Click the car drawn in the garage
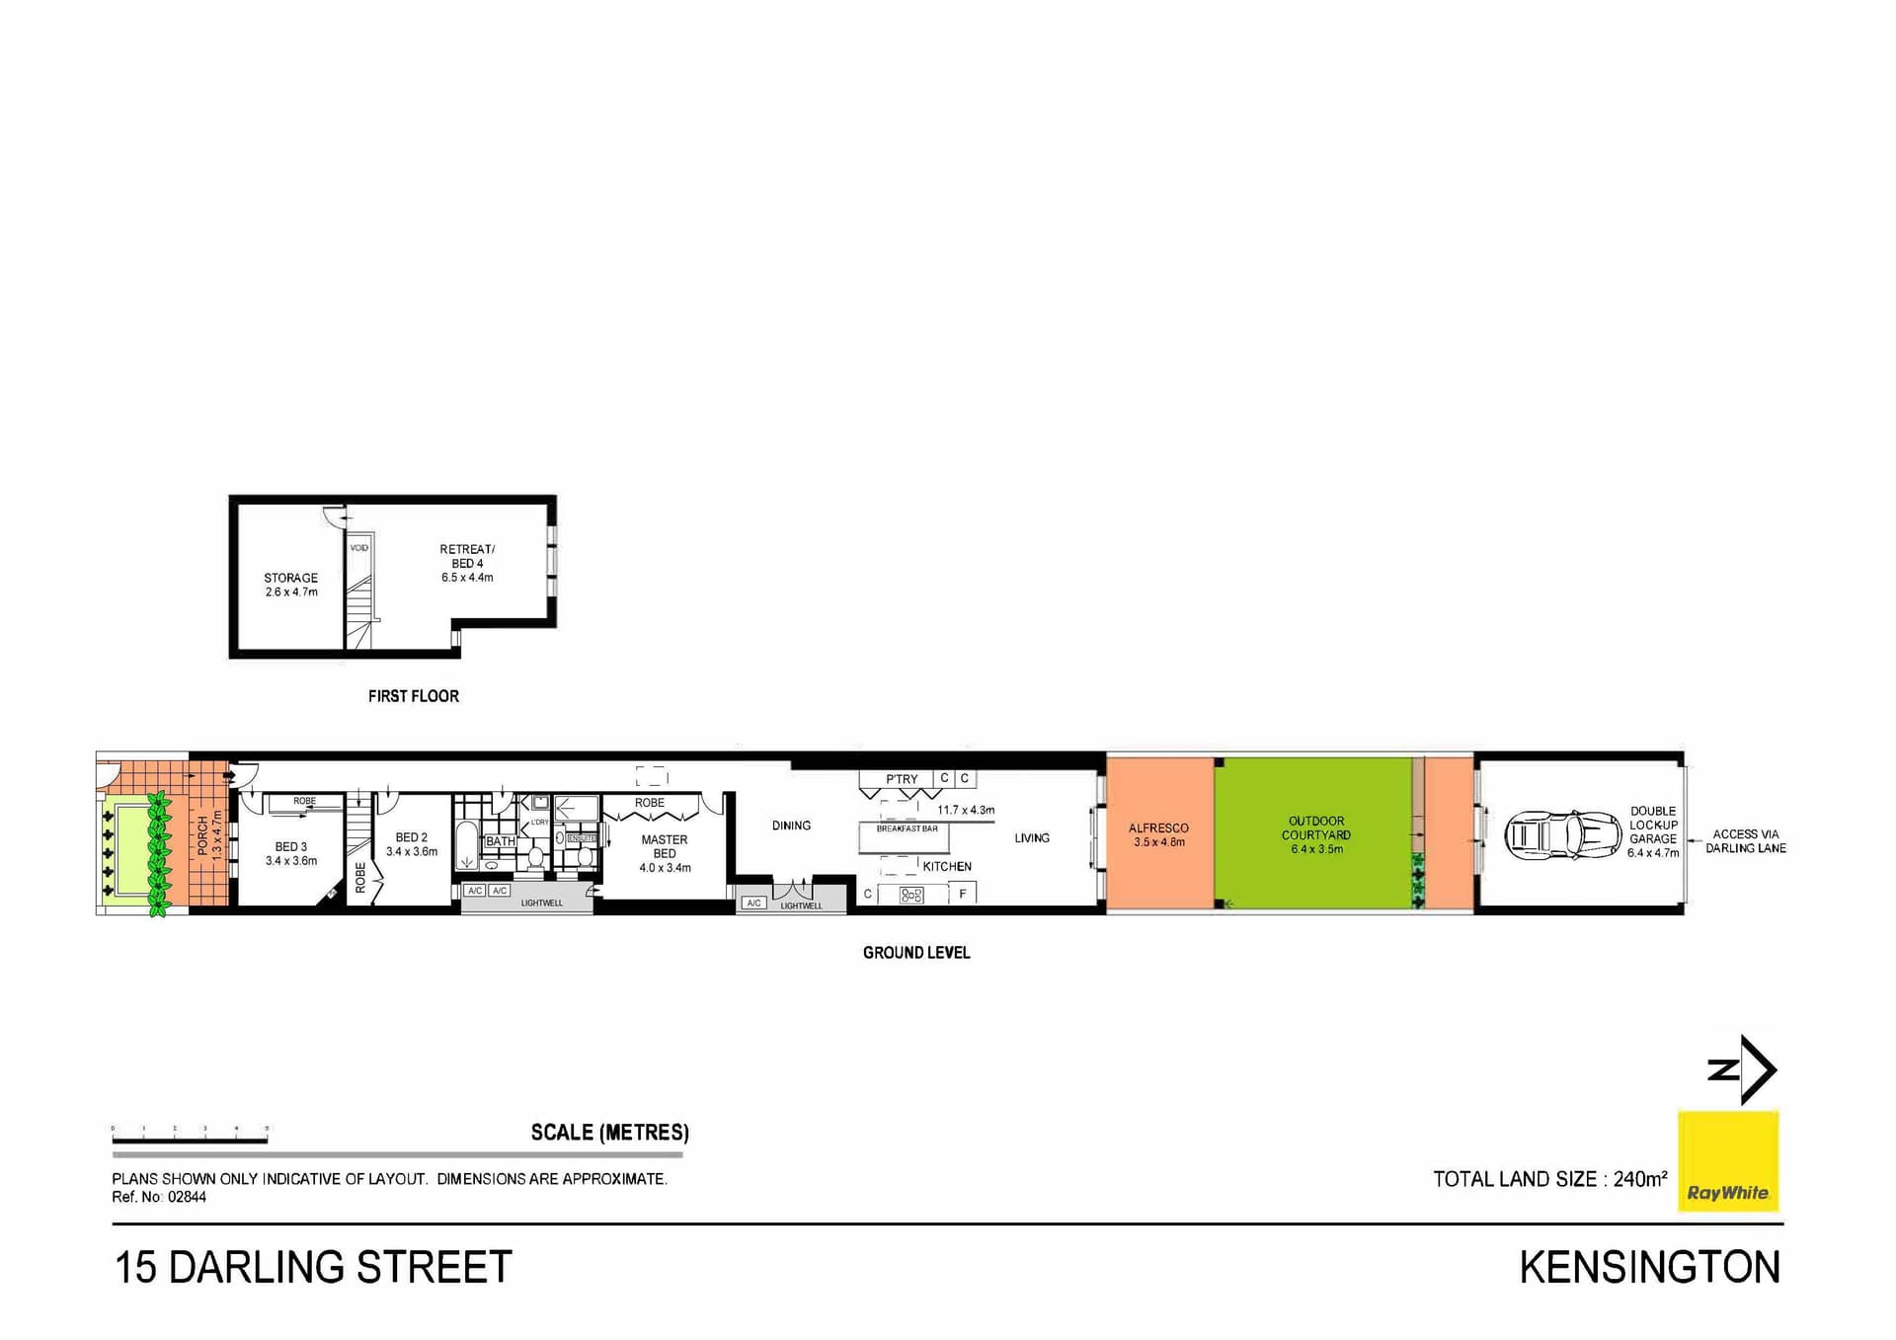pos(1562,835)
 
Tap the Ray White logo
pos(1727,1161)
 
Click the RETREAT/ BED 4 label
pos(467,563)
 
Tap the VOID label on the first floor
pos(358,548)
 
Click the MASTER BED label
pos(665,846)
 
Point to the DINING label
pos(791,826)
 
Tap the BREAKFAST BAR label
pos(907,829)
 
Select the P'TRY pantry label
pos(902,779)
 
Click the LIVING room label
pos(1031,838)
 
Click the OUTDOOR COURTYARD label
pos(1316,828)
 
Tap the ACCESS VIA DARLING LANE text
pos(1745,841)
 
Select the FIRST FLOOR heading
pos(413,696)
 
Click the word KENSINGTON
pos(1649,1268)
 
